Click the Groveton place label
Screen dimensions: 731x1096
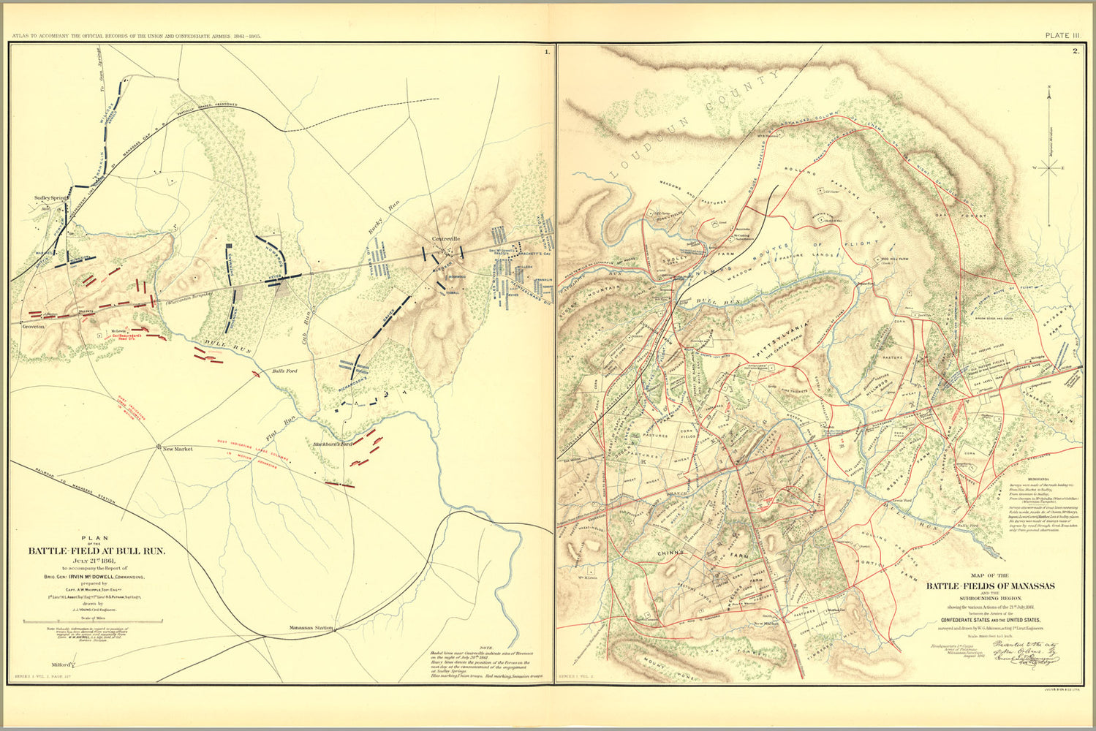pyautogui.click(x=34, y=327)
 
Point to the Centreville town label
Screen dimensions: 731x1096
pyautogui.click(x=449, y=239)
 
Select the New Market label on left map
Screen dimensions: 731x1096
pyautogui.click(x=177, y=449)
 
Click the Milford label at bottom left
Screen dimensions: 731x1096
pyautogui.click(x=61, y=664)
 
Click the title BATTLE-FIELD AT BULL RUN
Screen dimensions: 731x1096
pyautogui.click(x=97, y=551)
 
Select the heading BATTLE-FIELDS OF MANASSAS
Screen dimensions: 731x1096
pyautogui.click(x=990, y=586)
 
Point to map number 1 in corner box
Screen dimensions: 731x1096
pyautogui.click(x=546, y=51)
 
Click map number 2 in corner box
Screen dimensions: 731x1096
pyautogui.click(x=1075, y=51)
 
